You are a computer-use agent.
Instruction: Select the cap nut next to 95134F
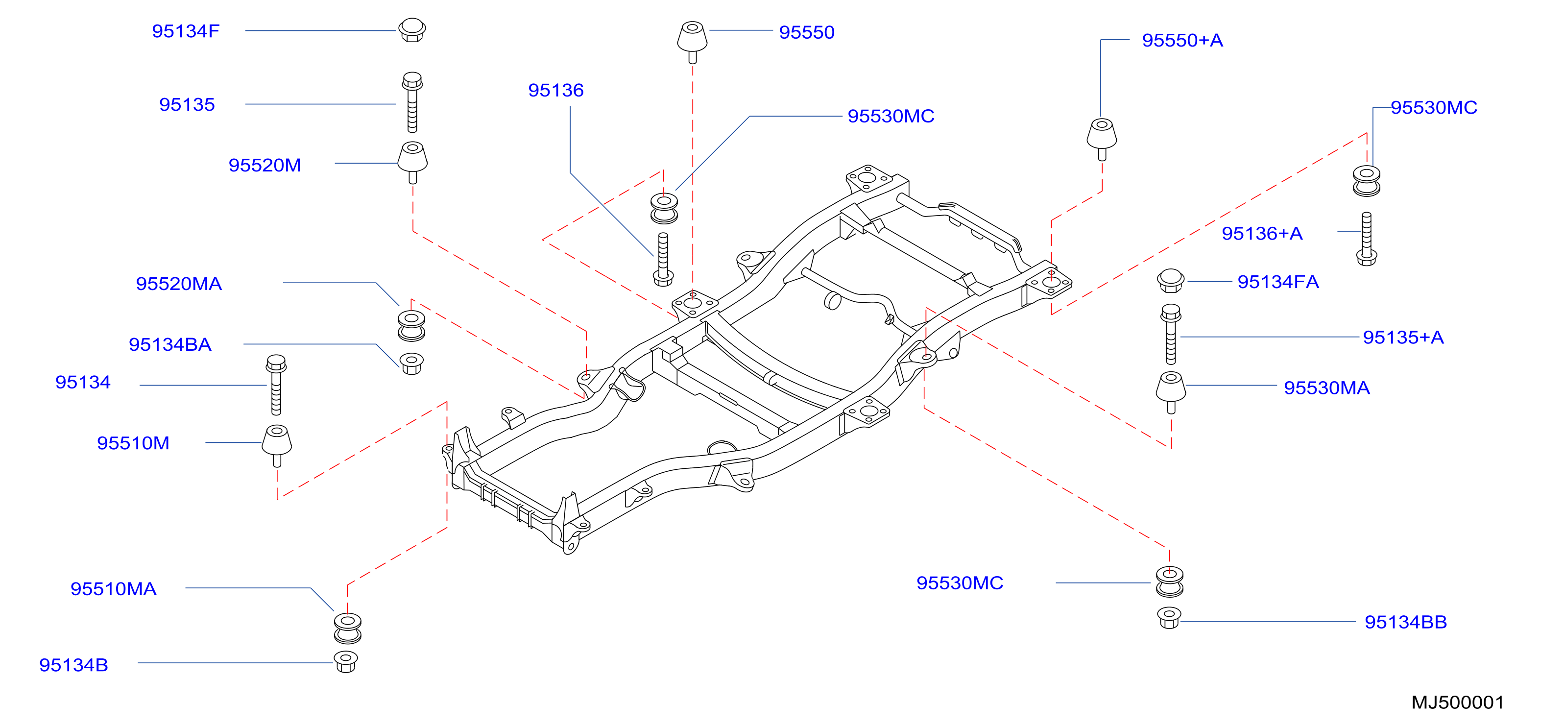pyautogui.click(x=412, y=30)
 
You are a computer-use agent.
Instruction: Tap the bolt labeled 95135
pyautogui.click(x=412, y=102)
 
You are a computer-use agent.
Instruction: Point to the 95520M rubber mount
pyautogui.click(x=412, y=162)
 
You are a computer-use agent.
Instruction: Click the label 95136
pyautogui.click(x=555, y=90)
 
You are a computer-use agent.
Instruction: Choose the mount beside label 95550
pyautogui.click(x=692, y=42)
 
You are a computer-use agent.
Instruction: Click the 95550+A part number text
pyautogui.click(x=1182, y=40)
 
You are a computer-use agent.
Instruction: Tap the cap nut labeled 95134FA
pyautogui.click(x=1170, y=280)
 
